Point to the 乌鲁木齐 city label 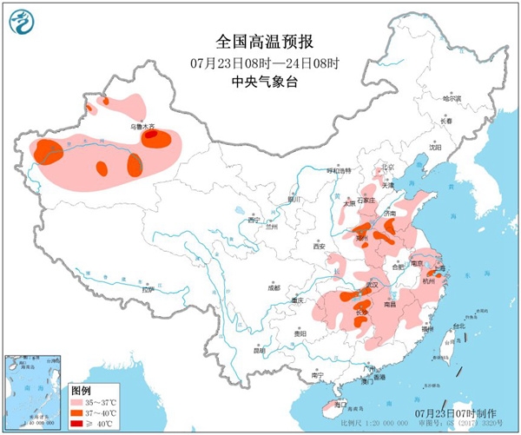[x=142, y=127]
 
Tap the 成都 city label [x=274, y=286]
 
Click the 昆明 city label [x=258, y=350]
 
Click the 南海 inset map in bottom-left [x=34, y=390]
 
